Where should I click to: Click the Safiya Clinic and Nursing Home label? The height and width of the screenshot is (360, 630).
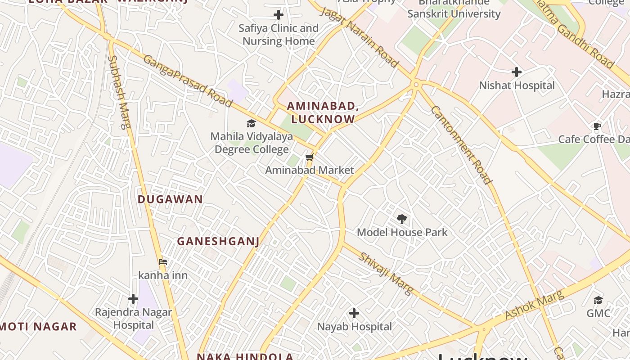[x=279, y=35]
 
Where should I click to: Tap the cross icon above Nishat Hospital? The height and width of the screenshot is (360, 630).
[x=517, y=72]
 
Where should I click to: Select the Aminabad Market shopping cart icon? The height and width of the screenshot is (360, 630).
[x=309, y=157]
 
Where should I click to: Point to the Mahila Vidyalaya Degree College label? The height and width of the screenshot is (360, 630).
[x=252, y=143]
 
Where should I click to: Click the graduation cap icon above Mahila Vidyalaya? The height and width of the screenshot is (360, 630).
[x=251, y=124]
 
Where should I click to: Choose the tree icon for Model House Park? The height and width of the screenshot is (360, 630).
[x=402, y=219]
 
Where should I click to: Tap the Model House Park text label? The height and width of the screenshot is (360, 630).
[x=402, y=232]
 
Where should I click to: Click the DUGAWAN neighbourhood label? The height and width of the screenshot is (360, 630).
[x=170, y=199]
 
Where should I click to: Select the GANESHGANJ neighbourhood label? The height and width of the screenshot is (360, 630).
[x=218, y=242]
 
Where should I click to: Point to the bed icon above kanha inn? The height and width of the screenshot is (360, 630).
[x=163, y=261]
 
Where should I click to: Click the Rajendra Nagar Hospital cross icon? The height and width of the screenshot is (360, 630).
[x=133, y=298]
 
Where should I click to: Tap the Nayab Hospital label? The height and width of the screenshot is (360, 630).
[x=355, y=327]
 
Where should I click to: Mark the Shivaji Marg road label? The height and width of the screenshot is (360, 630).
[x=386, y=273]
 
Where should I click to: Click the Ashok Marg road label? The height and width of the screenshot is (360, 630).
[x=534, y=305]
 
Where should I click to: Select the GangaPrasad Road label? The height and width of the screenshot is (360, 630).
[x=188, y=81]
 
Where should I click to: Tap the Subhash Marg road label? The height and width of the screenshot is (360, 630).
[x=119, y=92]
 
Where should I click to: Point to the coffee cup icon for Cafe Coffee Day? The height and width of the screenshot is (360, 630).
[x=597, y=126]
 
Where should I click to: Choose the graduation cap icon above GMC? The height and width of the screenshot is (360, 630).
[x=598, y=300]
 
